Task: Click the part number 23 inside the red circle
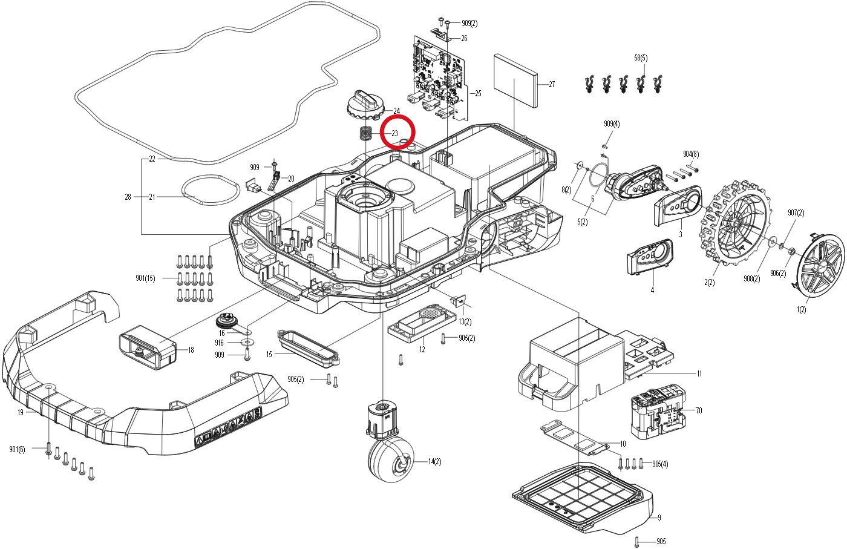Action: pos(394,133)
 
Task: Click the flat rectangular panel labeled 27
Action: pos(515,81)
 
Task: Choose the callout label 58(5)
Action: pos(641,58)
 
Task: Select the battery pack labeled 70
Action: pos(658,412)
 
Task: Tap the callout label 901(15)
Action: pos(145,278)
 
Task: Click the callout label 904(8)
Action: pos(691,154)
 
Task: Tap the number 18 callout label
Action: pos(191,350)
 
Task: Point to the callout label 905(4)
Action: pos(660,464)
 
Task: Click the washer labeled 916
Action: pos(247,343)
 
